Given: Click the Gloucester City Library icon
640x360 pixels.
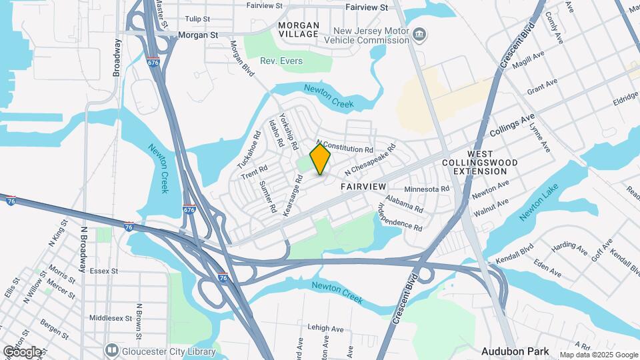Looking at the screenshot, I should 111,351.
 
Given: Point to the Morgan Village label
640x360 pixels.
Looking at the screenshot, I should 299,29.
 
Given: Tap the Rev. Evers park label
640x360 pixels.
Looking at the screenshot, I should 281,61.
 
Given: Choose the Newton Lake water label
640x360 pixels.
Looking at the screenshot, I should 538,204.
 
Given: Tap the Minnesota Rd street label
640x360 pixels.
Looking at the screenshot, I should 427,189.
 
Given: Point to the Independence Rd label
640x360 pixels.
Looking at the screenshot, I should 401,217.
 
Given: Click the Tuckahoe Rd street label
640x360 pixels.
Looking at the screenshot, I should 247,155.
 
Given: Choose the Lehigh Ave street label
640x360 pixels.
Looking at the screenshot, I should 325,329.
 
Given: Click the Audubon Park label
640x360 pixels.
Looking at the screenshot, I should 515,351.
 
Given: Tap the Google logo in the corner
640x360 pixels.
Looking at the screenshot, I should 22,351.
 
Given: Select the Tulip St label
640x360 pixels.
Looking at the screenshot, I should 197,19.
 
